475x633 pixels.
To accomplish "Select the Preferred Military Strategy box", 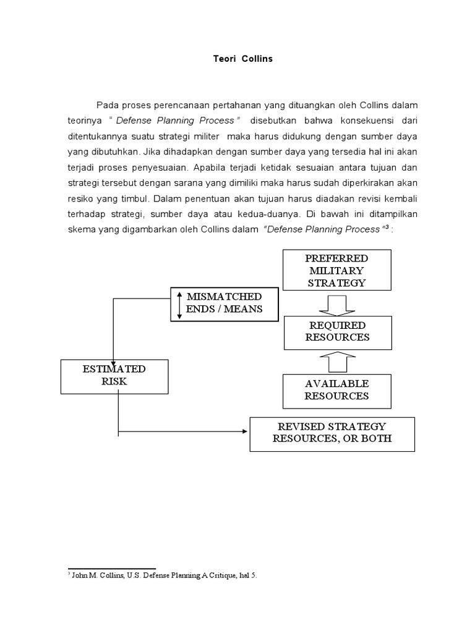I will [x=337, y=270].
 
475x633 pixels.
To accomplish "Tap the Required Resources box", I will [x=337, y=331].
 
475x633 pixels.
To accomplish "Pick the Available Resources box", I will [x=336, y=390].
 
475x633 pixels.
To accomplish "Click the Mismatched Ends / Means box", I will [x=224, y=303].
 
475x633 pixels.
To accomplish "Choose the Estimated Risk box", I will [x=114, y=375].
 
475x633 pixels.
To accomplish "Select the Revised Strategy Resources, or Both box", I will [x=332, y=433].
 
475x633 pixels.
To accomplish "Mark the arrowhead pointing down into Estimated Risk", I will [x=113, y=354].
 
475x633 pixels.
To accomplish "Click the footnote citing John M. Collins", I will [x=161, y=575].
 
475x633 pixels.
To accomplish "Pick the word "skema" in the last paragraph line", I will [x=80, y=229].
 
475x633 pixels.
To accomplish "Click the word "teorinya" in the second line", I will [x=85, y=120].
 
